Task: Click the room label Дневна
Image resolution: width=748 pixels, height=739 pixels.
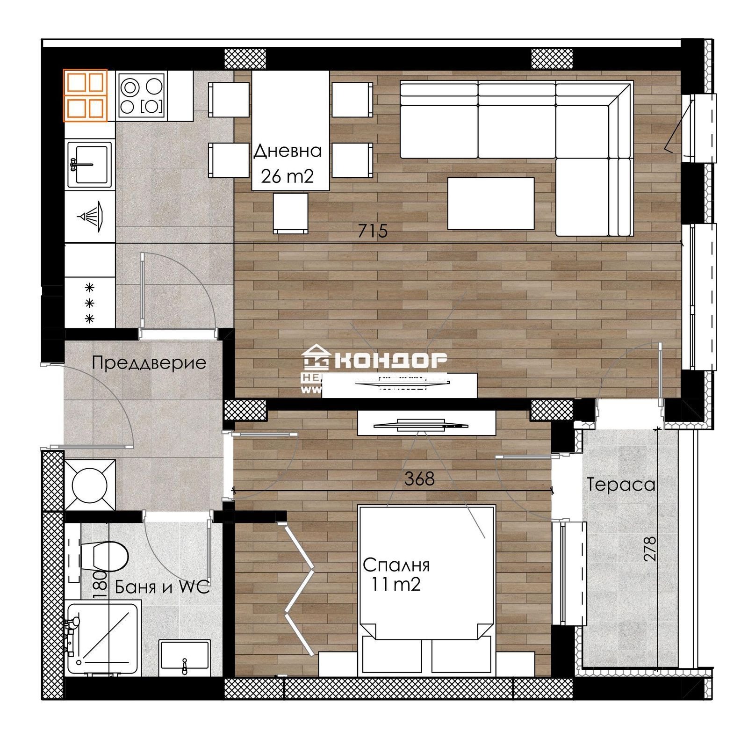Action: pos(288,151)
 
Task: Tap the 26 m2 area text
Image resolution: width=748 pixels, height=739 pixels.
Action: pos(287,176)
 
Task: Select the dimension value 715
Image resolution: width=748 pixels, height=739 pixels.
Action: pos(373,231)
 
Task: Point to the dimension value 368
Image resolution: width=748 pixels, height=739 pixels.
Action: pos(419,478)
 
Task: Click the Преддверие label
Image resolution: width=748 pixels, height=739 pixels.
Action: pos(149,363)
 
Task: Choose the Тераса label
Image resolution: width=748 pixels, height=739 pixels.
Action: pos(621,485)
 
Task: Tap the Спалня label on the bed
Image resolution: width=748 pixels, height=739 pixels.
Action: pos(396,565)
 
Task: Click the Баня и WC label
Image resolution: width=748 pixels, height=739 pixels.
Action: pos(162,587)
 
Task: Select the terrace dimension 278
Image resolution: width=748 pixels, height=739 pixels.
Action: pos(650,549)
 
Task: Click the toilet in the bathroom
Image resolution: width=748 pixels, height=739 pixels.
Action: pos(108,556)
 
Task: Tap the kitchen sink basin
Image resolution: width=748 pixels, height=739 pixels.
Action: pos(90,164)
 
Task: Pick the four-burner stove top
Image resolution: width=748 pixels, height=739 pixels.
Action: pos(142,95)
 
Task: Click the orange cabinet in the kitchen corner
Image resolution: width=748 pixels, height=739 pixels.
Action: pos(86,95)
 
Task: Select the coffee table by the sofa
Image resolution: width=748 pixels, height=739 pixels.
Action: pos(490,203)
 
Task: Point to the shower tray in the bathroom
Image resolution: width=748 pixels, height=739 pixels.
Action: pos(103,638)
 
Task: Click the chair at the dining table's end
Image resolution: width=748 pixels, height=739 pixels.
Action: pos(290,213)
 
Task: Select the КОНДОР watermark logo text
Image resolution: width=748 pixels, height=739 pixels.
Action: pos(391,360)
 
